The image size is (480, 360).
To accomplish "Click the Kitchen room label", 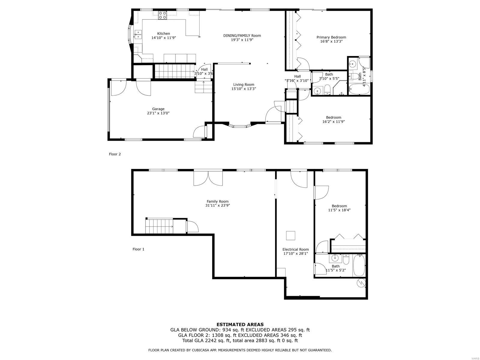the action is coord(163,33).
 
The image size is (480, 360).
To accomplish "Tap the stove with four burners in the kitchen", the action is coord(162,15).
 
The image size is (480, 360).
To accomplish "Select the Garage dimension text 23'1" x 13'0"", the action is coord(158,113).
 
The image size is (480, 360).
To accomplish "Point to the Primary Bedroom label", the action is coord(331,37).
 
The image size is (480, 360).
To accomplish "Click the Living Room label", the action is coord(244,85).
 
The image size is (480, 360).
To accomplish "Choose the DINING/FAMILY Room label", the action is coord(242,35).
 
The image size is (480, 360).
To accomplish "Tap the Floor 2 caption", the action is coord(115,154).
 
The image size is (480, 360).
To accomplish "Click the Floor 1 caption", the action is coord(138,249).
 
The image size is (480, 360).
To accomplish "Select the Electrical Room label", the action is coord(296,249).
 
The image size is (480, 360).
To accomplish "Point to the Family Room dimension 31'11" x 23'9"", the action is coord(217,205).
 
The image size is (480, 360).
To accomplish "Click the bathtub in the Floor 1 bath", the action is coord(359,265).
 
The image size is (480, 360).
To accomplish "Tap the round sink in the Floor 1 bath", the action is coord(335,258).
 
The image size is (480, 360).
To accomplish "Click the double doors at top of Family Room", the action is coord(208,178).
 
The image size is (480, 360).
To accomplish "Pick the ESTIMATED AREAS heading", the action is coord(240,324).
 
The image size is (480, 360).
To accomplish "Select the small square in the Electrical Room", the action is coord(290,235).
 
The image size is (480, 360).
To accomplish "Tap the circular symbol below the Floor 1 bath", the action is coord(361,283).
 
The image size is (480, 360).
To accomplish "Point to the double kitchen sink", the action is coord(138,34).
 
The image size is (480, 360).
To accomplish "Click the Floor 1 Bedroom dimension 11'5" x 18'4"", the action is coord(339,210).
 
